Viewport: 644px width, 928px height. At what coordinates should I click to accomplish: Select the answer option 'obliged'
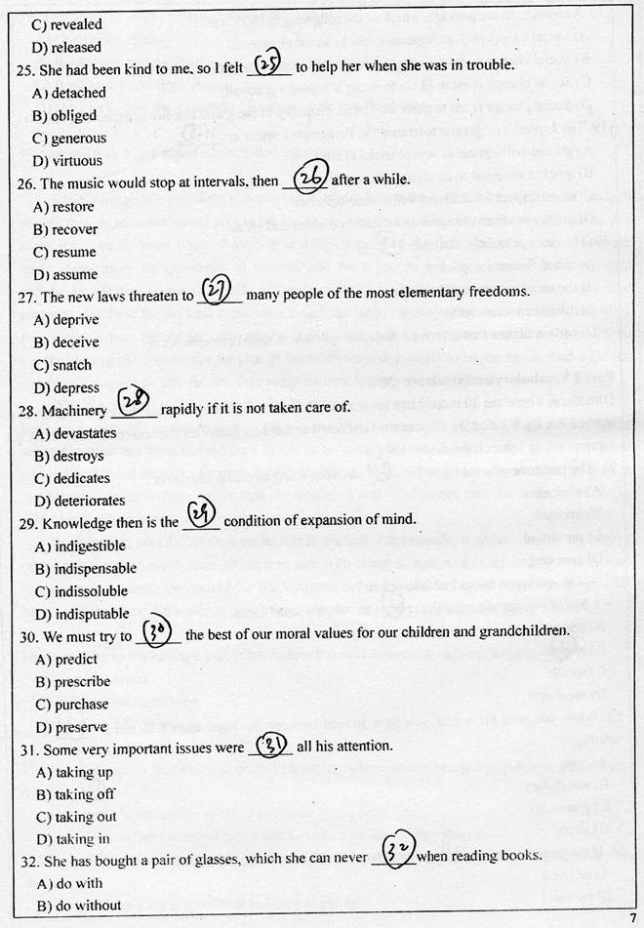pos(74,116)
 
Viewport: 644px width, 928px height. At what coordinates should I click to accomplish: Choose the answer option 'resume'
pos(74,252)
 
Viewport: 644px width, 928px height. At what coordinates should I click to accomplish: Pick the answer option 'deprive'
pos(75,320)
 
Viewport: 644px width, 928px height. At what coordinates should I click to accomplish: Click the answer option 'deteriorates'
pos(90,502)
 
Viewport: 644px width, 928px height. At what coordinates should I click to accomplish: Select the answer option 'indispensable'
pos(95,569)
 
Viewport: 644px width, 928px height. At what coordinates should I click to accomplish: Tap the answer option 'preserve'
pos(81,727)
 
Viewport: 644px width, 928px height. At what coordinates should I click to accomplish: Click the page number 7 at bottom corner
pos(633,918)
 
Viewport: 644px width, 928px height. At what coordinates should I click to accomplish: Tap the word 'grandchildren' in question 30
pos(523,633)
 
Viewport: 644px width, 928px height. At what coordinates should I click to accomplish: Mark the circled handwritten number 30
pos(157,631)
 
